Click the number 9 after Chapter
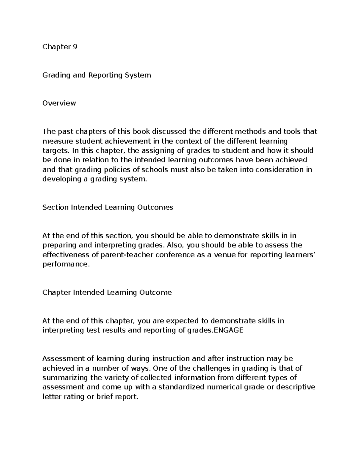(75, 47)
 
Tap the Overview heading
(59, 103)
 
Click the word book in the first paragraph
(142, 131)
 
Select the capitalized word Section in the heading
(55, 207)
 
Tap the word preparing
(59, 245)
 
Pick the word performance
(66, 264)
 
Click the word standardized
(181, 387)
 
